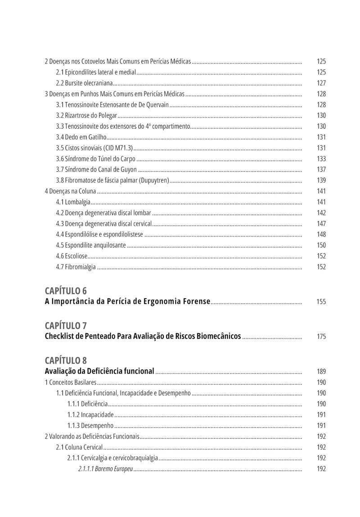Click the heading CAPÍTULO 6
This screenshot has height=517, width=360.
pos(66,290)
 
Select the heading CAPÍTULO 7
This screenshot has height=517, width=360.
pos(66,325)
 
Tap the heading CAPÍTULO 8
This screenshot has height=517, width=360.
pos(66,360)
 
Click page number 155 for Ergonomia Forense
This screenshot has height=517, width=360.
pos(321,302)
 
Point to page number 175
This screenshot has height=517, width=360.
pos(321,337)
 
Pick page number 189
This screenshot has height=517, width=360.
pos(321,372)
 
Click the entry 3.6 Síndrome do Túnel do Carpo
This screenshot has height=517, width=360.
pos(95,159)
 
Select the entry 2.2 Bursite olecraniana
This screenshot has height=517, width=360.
pos(84,83)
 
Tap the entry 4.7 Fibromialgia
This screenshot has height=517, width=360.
pos(76,267)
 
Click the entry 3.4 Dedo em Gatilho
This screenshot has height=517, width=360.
pos(81,137)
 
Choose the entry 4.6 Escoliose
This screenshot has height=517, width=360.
pos(72,256)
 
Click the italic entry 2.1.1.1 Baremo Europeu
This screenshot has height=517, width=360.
pos(105,469)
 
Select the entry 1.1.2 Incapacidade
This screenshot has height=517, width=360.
pos(90,415)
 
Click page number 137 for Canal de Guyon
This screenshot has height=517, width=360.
pos(321,170)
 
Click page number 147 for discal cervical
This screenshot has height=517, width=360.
pos(321,224)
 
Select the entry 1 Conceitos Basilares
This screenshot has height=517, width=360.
pos(70,382)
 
